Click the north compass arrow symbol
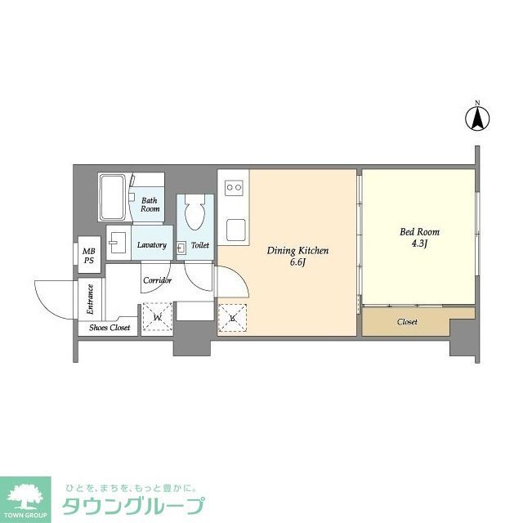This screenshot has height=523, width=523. pyautogui.click(x=477, y=118)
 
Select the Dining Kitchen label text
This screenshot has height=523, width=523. pyautogui.click(x=297, y=251)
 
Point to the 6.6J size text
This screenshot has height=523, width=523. pyautogui.click(x=297, y=263)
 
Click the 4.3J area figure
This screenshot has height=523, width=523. pyautogui.click(x=415, y=244)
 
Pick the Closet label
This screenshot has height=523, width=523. pyautogui.click(x=407, y=322)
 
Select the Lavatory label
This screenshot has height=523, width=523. pyautogui.click(x=152, y=245)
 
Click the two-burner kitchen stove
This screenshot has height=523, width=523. pyautogui.click(x=234, y=188)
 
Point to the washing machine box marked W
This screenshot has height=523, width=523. pyautogui.click(x=157, y=317)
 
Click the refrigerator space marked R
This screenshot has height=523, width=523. pyautogui.click(x=232, y=318)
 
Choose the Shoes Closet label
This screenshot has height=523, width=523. pyautogui.click(x=110, y=328)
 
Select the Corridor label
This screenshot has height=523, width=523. pyautogui.click(x=157, y=280)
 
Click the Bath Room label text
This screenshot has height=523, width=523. pyautogui.click(x=150, y=204)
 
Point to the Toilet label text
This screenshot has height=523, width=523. pyautogui.click(x=200, y=245)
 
